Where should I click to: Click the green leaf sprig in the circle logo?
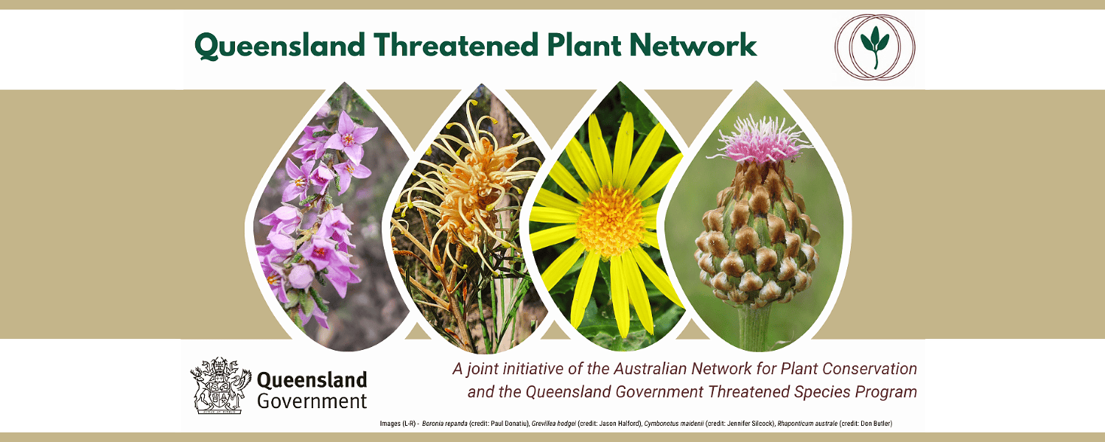(875, 46)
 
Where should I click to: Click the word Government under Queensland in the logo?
(312, 401)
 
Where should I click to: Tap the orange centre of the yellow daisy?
(611, 220)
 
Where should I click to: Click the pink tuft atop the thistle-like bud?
(761, 139)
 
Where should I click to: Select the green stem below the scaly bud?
(754, 327)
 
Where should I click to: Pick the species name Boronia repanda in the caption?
(444, 424)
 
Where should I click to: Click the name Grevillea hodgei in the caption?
(553, 424)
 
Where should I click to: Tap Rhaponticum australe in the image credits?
(807, 424)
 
